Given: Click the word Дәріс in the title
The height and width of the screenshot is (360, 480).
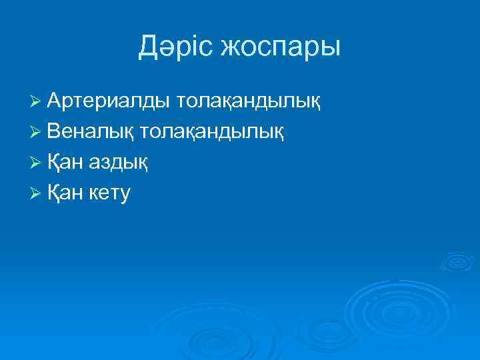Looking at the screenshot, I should pyautogui.click(x=176, y=47).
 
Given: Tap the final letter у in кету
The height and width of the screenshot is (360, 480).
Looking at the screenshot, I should pyautogui.click(x=125, y=195).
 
